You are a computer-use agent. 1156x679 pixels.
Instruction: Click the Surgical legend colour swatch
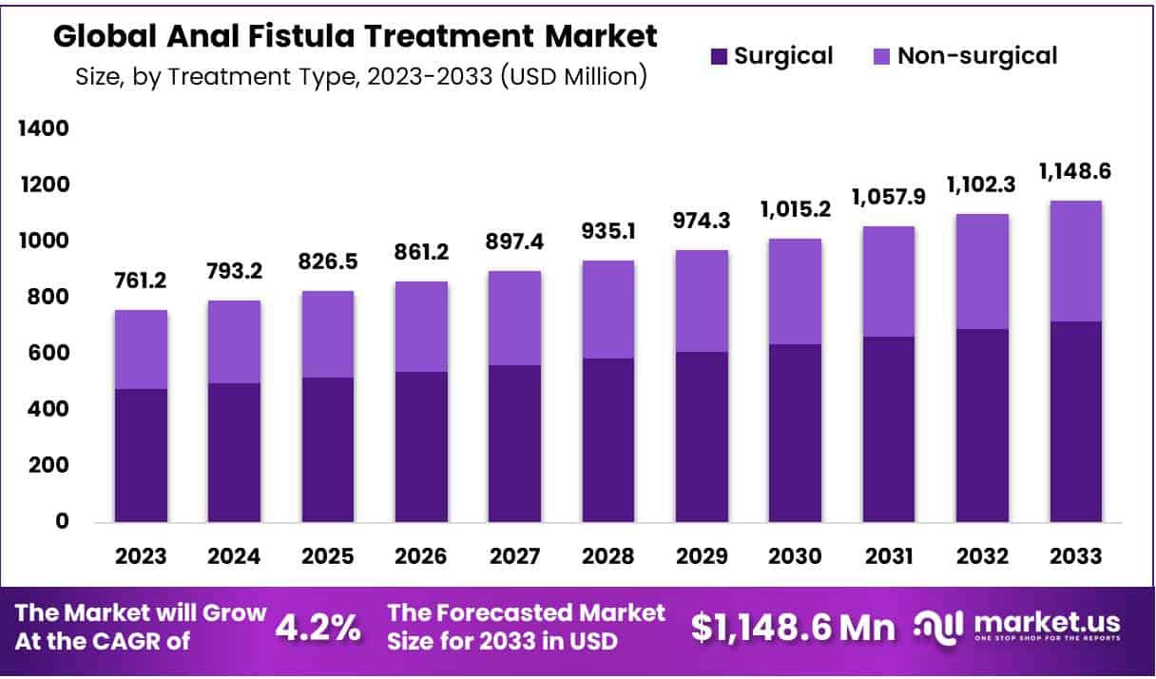[720, 56]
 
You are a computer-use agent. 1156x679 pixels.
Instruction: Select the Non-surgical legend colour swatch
[882, 56]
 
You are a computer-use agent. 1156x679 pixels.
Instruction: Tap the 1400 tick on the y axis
[43, 128]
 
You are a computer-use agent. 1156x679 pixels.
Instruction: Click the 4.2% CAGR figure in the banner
[318, 628]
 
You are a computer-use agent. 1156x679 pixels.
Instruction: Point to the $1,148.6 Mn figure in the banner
[793, 628]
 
